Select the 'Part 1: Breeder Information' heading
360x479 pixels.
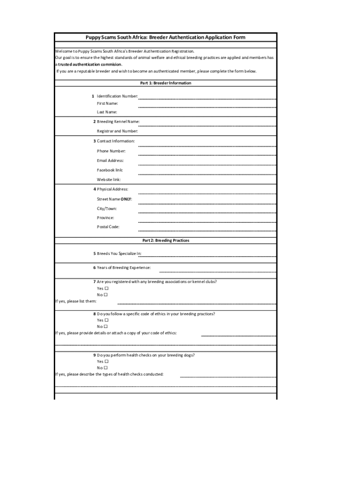coord(166,83)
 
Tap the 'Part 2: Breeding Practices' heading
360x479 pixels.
coord(166,240)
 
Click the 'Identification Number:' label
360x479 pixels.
coord(117,96)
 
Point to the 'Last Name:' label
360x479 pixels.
coord(107,112)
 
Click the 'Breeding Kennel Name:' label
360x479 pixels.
coord(118,122)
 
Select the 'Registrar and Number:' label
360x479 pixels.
coord(117,131)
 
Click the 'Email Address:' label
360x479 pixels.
coord(110,160)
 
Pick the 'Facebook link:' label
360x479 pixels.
coord(110,170)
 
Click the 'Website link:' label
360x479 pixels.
coord(109,180)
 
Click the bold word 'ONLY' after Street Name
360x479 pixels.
coord(126,199)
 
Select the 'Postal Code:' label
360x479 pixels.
coord(108,227)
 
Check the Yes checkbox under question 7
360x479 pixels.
coord(106,288)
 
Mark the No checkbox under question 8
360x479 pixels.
coord(106,327)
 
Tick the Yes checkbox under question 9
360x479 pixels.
coord(106,362)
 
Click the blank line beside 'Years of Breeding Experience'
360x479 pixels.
coord(217,271)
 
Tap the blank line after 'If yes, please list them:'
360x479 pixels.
coord(196,303)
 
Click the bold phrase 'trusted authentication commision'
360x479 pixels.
coord(90,64)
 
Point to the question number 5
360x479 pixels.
coord(94,254)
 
